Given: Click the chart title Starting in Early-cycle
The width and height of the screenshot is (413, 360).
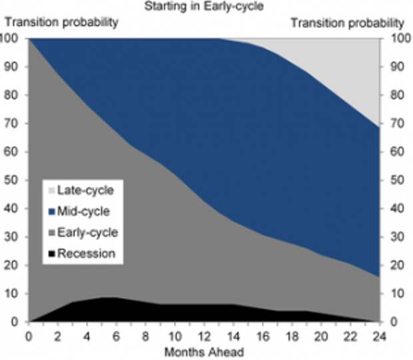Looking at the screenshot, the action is click(204, 6).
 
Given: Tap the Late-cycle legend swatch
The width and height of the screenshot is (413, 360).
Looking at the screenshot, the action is click(52, 190).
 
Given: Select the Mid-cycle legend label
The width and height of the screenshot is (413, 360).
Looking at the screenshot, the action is click(83, 212).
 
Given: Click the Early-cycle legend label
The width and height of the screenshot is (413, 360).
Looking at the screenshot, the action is click(87, 233).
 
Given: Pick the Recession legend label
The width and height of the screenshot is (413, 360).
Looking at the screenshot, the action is click(86, 254).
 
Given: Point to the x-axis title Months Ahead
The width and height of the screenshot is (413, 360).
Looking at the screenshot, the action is click(204, 352).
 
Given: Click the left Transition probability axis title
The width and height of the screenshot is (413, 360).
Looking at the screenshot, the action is click(62, 22).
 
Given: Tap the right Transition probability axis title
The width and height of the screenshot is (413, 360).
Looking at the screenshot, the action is click(348, 23).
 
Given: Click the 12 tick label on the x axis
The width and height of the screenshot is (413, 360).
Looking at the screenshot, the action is click(204, 337).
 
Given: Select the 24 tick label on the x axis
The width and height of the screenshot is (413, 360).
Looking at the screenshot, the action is click(379, 337).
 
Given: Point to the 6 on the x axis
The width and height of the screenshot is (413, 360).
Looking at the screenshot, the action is click(116, 337).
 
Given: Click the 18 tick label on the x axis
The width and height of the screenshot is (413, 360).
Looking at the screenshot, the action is click(292, 337).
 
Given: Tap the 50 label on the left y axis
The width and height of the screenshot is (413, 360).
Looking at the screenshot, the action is click(11, 180).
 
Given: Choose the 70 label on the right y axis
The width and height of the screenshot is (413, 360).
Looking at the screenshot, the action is click(396, 123).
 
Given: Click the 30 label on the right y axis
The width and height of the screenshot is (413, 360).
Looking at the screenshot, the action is click(396, 237).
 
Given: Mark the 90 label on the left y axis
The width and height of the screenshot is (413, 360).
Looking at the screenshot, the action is click(11, 67).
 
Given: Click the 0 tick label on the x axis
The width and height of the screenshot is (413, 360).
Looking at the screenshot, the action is click(29, 337).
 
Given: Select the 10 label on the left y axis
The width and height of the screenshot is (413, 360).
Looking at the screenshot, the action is click(11, 293).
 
